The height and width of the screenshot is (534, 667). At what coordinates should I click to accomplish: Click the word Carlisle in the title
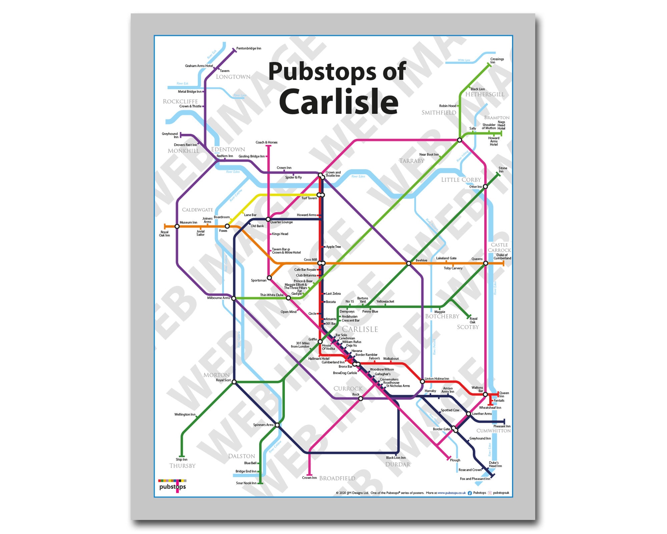coord(339,101)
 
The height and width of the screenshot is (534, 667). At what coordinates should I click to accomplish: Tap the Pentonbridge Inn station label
coord(248,48)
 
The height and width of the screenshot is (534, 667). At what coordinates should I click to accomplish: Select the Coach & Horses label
coord(266,142)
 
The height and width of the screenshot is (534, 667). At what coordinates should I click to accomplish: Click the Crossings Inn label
coord(497,61)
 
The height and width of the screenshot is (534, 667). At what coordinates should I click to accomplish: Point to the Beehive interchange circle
coord(409,263)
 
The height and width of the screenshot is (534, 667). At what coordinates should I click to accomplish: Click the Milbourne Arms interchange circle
coord(234,298)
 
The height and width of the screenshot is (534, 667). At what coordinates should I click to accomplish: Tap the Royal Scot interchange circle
coord(234,382)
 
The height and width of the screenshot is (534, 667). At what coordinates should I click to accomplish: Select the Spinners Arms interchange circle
coord(277,425)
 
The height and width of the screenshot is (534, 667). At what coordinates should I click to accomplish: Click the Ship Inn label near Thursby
coord(181,460)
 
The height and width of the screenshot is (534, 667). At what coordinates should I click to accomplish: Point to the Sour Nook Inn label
coord(246,483)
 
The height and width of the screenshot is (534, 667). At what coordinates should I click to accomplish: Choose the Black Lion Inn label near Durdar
coord(396,458)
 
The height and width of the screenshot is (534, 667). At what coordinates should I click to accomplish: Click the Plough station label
coord(455,460)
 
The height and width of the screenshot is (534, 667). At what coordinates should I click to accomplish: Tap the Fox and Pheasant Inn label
coord(475,479)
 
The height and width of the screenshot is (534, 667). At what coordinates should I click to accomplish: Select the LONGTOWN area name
coord(233,77)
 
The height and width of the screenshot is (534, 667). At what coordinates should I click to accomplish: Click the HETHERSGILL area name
coord(485,94)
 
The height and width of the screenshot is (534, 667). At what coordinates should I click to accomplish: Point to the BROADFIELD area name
coord(337,478)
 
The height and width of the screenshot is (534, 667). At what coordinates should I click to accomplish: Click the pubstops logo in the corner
coord(172,486)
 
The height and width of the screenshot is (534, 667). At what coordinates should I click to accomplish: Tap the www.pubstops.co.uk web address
coord(452,493)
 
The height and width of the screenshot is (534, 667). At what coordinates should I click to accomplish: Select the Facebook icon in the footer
coord(470,493)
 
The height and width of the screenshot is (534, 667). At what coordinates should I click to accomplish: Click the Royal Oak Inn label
coord(164,234)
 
